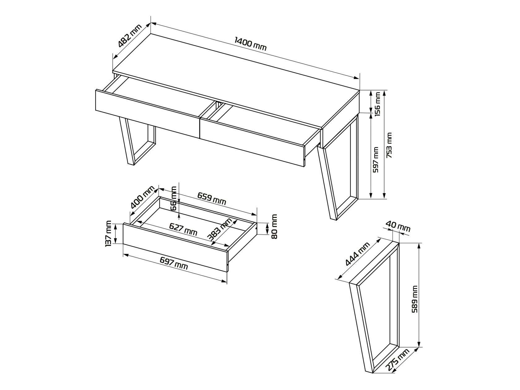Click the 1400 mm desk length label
(x=250, y=44)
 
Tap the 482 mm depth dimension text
(x=129, y=35)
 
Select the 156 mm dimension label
(x=377, y=104)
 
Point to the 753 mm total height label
(x=389, y=145)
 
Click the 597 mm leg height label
(x=376, y=160)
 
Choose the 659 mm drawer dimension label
(x=211, y=198)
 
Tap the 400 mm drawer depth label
(x=142, y=197)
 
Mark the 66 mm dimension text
(x=173, y=198)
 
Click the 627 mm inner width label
(x=183, y=229)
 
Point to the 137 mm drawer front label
(x=108, y=233)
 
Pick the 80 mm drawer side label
(x=274, y=226)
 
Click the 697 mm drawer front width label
(x=174, y=263)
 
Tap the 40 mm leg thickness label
(x=398, y=227)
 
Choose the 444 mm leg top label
(x=357, y=254)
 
